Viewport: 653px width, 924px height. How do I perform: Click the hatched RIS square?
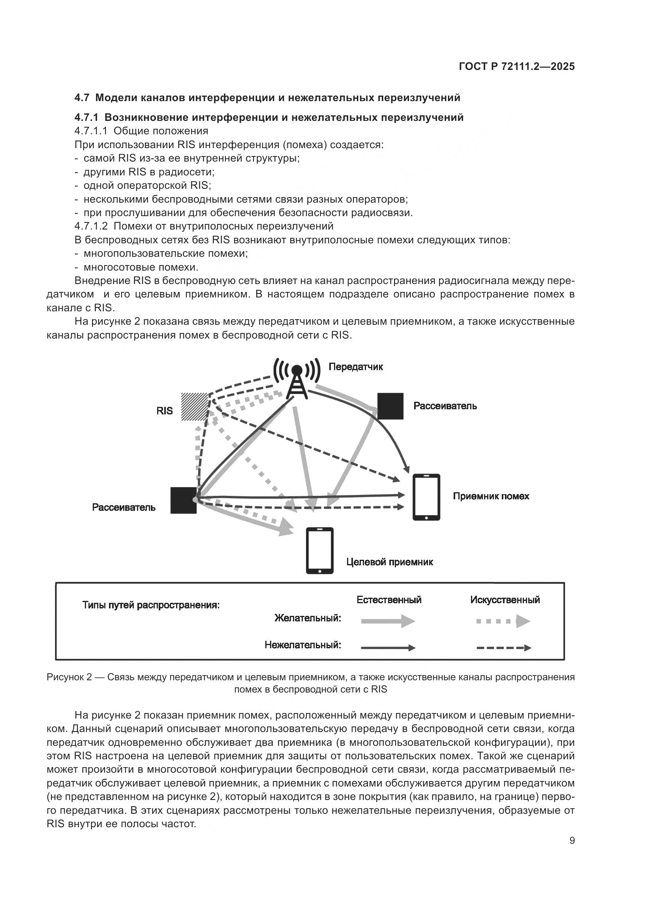pyautogui.click(x=195, y=406)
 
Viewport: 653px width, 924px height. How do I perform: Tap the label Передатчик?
pyautogui.click(x=355, y=367)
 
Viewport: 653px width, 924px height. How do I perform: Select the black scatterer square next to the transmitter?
pyautogui.click(x=390, y=406)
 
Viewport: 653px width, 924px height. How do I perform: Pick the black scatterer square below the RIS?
pyautogui.click(x=183, y=500)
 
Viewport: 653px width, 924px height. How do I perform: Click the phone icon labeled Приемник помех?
pyautogui.click(x=427, y=497)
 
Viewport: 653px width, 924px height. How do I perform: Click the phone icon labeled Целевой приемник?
pyautogui.click(x=320, y=550)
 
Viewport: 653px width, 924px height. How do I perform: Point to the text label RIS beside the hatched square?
pyautogui.click(x=165, y=410)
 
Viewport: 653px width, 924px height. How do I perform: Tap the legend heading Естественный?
pyautogui.click(x=389, y=600)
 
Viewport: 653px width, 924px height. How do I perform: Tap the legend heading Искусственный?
pyautogui.click(x=505, y=600)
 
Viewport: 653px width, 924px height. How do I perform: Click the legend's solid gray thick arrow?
pyautogui.click(x=388, y=621)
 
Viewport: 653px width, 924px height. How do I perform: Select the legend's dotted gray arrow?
pyautogui.click(x=503, y=621)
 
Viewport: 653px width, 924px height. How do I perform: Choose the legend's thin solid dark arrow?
pyautogui.click(x=388, y=647)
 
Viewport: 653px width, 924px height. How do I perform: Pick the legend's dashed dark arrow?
pyautogui.click(x=503, y=647)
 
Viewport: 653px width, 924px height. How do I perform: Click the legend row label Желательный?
pyautogui.click(x=308, y=618)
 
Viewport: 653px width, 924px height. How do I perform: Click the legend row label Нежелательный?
pyautogui.click(x=302, y=645)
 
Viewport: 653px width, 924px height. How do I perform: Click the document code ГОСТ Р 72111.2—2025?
pyautogui.click(x=517, y=67)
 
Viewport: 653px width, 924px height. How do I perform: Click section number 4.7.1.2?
pyautogui.click(x=91, y=226)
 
